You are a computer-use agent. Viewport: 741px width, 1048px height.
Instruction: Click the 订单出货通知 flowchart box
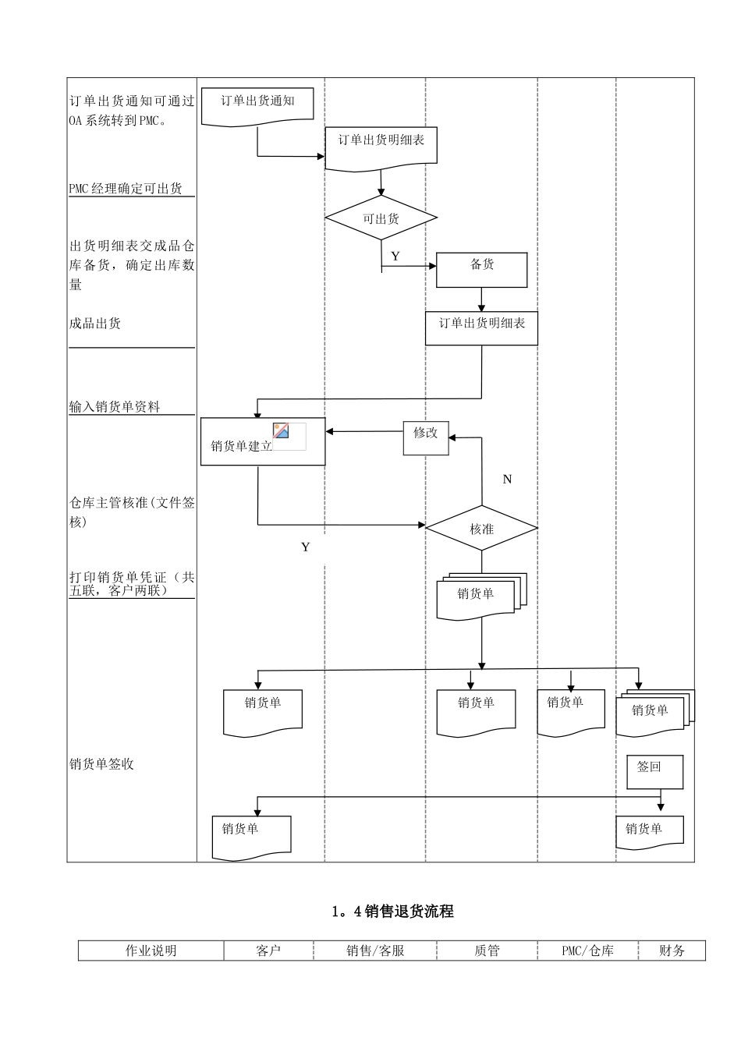tap(257, 104)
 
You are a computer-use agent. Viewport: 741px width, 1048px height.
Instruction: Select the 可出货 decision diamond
tap(381, 218)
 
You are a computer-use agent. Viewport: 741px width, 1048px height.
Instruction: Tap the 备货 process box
tap(481, 268)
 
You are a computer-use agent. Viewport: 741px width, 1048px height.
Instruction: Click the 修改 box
tap(426, 437)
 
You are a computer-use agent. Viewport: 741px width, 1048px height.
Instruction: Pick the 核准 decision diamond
tap(481, 529)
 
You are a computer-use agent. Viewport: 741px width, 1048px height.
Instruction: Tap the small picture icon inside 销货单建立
tap(282, 430)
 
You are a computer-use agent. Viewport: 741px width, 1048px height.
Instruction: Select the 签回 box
tap(655, 770)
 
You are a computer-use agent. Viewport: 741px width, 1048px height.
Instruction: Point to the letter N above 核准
tap(507, 480)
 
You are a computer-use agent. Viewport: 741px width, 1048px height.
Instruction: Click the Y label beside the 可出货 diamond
tap(395, 257)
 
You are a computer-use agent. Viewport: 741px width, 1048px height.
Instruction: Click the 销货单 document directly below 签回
tap(649, 831)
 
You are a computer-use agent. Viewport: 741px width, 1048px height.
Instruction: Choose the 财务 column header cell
tap(672, 951)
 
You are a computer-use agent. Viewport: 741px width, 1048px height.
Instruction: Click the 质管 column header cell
tap(487, 951)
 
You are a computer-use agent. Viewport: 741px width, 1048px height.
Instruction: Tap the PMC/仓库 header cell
tap(587, 951)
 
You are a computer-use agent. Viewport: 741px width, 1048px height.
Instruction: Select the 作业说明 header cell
tap(151, 951)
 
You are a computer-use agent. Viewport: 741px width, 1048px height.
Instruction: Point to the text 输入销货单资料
tap(115, 406)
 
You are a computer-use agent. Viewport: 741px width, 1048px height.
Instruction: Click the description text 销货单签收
tap(101, 764)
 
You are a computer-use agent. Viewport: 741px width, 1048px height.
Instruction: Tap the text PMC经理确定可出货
tap(126, 188)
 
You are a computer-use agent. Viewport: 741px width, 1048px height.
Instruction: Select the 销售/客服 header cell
tap(375, 951)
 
